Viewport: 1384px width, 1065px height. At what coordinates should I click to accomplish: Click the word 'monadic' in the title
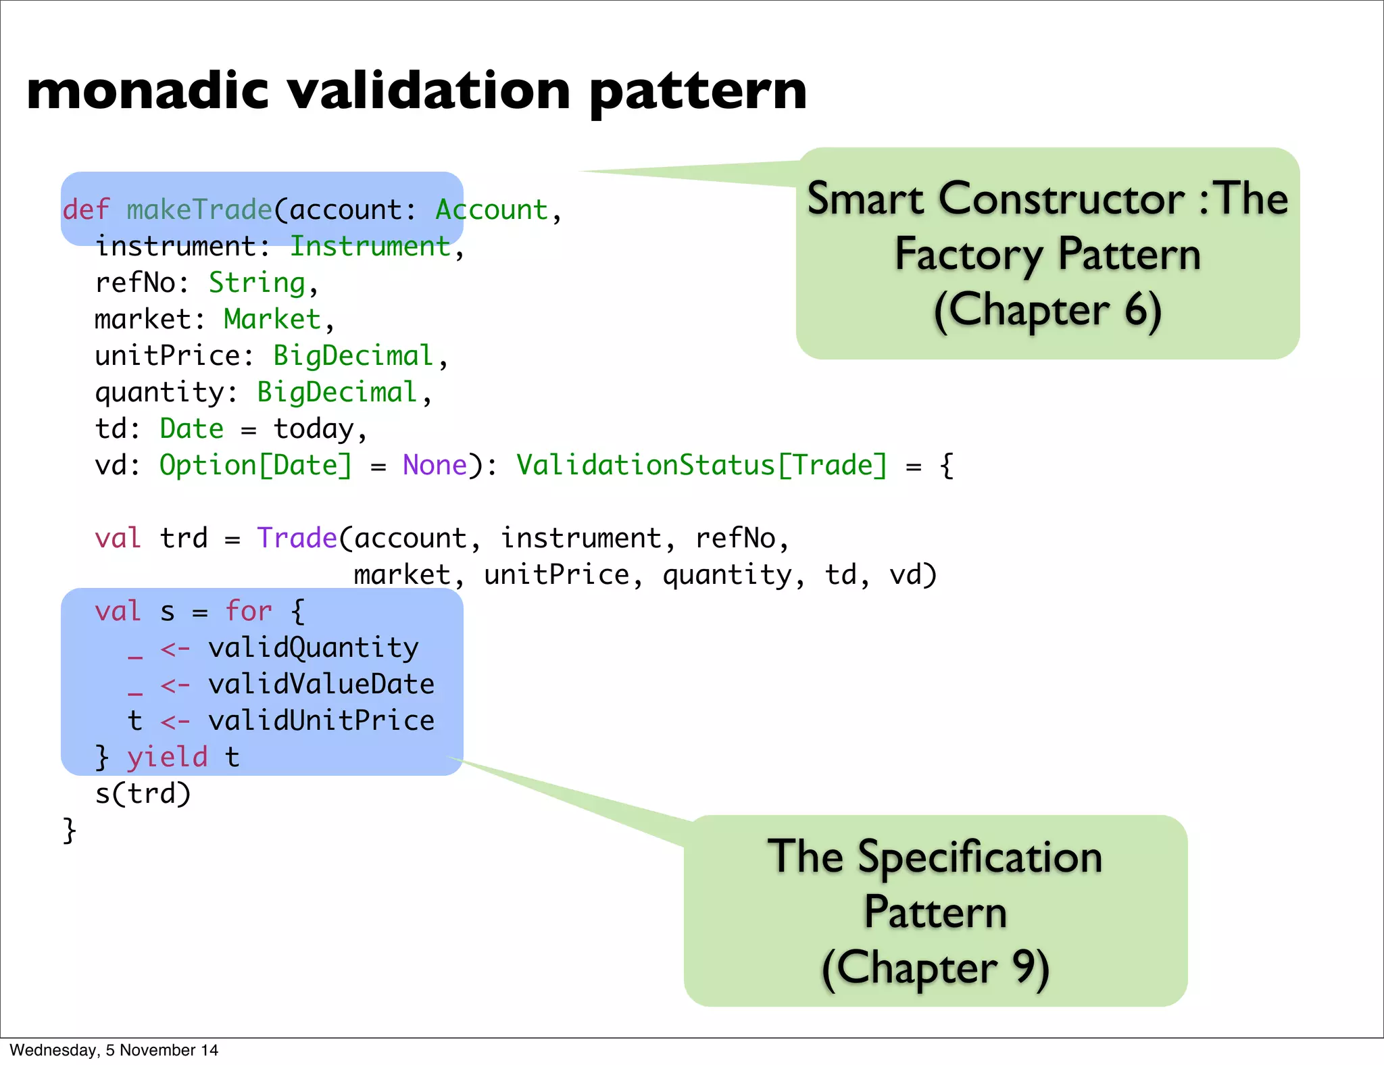pyautogui.click(x=147, y=91)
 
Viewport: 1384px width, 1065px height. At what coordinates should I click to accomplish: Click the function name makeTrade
pyautogui.click(x=199, y=209)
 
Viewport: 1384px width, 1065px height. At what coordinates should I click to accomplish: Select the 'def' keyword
pyautogui.click(x=86, y=209)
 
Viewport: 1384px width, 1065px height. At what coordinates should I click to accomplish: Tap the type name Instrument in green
pyautogui.click(x=370, y=246)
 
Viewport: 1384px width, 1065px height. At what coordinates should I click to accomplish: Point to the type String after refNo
pyautogui.click(x=257, y=283)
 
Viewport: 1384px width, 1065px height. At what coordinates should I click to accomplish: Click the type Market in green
pyautogui.click(x=272, y=319)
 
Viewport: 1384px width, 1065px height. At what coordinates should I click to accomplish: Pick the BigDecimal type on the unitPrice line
pyautogui.click(x=353, y=356)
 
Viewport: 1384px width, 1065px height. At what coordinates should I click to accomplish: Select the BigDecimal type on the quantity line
pyautogui.click(x=337, y=393)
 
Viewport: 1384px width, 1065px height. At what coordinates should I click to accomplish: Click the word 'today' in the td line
pyautogui.click(x=314, y=429)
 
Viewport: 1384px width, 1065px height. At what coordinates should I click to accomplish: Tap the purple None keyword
pyautogui.click(x=435, y=466)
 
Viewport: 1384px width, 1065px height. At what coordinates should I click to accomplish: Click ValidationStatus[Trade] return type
pyautogui.click(x=701, y=466)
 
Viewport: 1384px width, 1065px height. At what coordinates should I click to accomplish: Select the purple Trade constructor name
pyautogui.click(x=297, y=539)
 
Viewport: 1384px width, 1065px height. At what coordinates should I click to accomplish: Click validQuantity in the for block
pyautogui.click(x=313, y=648)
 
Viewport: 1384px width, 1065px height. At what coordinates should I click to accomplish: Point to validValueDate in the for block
pyautogui.click(x=321, y=685)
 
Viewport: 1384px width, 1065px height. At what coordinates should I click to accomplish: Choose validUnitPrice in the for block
pyautogui.click(x=321, y=721)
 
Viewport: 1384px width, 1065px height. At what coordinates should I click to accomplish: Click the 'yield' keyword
pyautogui.click(x=167, y=758)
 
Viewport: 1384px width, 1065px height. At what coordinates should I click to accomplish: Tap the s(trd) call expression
pyautogui.click(x=143, y=794)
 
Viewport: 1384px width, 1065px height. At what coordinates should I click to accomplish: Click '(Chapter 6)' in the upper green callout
pyautogui.click(x=1047, y=311)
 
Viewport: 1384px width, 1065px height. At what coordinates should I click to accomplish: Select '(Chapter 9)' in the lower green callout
pyautogui.click(x=935, y=968)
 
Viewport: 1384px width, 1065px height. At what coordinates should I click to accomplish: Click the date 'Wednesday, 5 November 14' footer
pyautogui.click(x=114, y=1050)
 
